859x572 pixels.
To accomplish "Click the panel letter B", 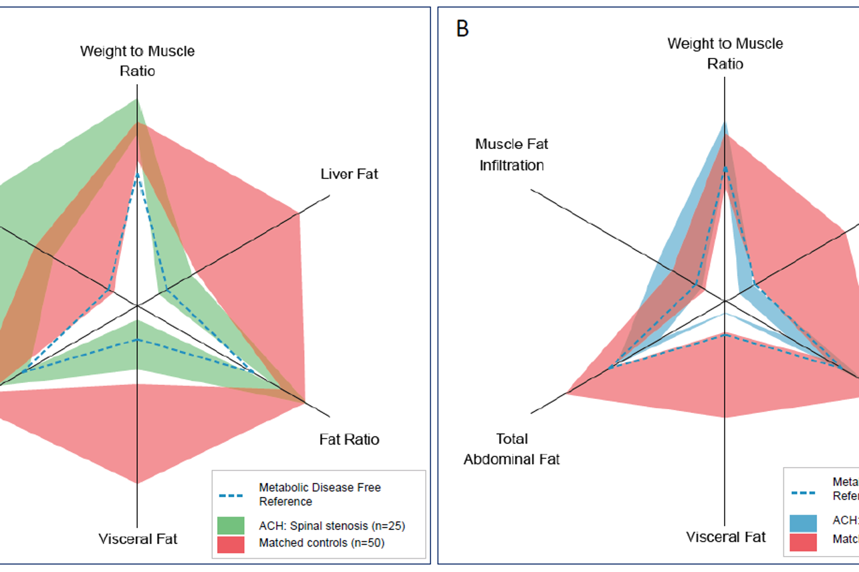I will (462, 29).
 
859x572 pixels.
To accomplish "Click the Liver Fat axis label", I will (349, 174).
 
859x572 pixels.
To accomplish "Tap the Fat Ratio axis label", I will (349, 440).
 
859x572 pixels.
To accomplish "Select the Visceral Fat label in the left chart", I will (138, 539).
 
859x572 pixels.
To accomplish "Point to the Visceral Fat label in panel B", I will (725, 537).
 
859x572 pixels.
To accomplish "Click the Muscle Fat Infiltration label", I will (511, 154).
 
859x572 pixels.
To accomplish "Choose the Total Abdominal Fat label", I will (511, 449).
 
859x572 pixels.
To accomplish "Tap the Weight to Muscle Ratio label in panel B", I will (725, 53).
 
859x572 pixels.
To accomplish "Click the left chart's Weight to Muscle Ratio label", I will (138, 60).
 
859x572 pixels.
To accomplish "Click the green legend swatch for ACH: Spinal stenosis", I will (231, 525).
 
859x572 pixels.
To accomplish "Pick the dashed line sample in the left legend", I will (231, 495).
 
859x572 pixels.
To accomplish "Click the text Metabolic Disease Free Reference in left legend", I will (320, 494).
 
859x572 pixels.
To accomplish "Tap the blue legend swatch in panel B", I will (803, 523).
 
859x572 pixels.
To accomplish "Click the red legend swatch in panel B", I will (803, 541).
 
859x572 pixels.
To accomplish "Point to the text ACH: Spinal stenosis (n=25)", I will (332, 525).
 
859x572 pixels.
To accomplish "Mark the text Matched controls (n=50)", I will (322, 543).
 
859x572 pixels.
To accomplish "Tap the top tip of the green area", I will (137, 100).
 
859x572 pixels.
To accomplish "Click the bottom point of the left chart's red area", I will (137, 482).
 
